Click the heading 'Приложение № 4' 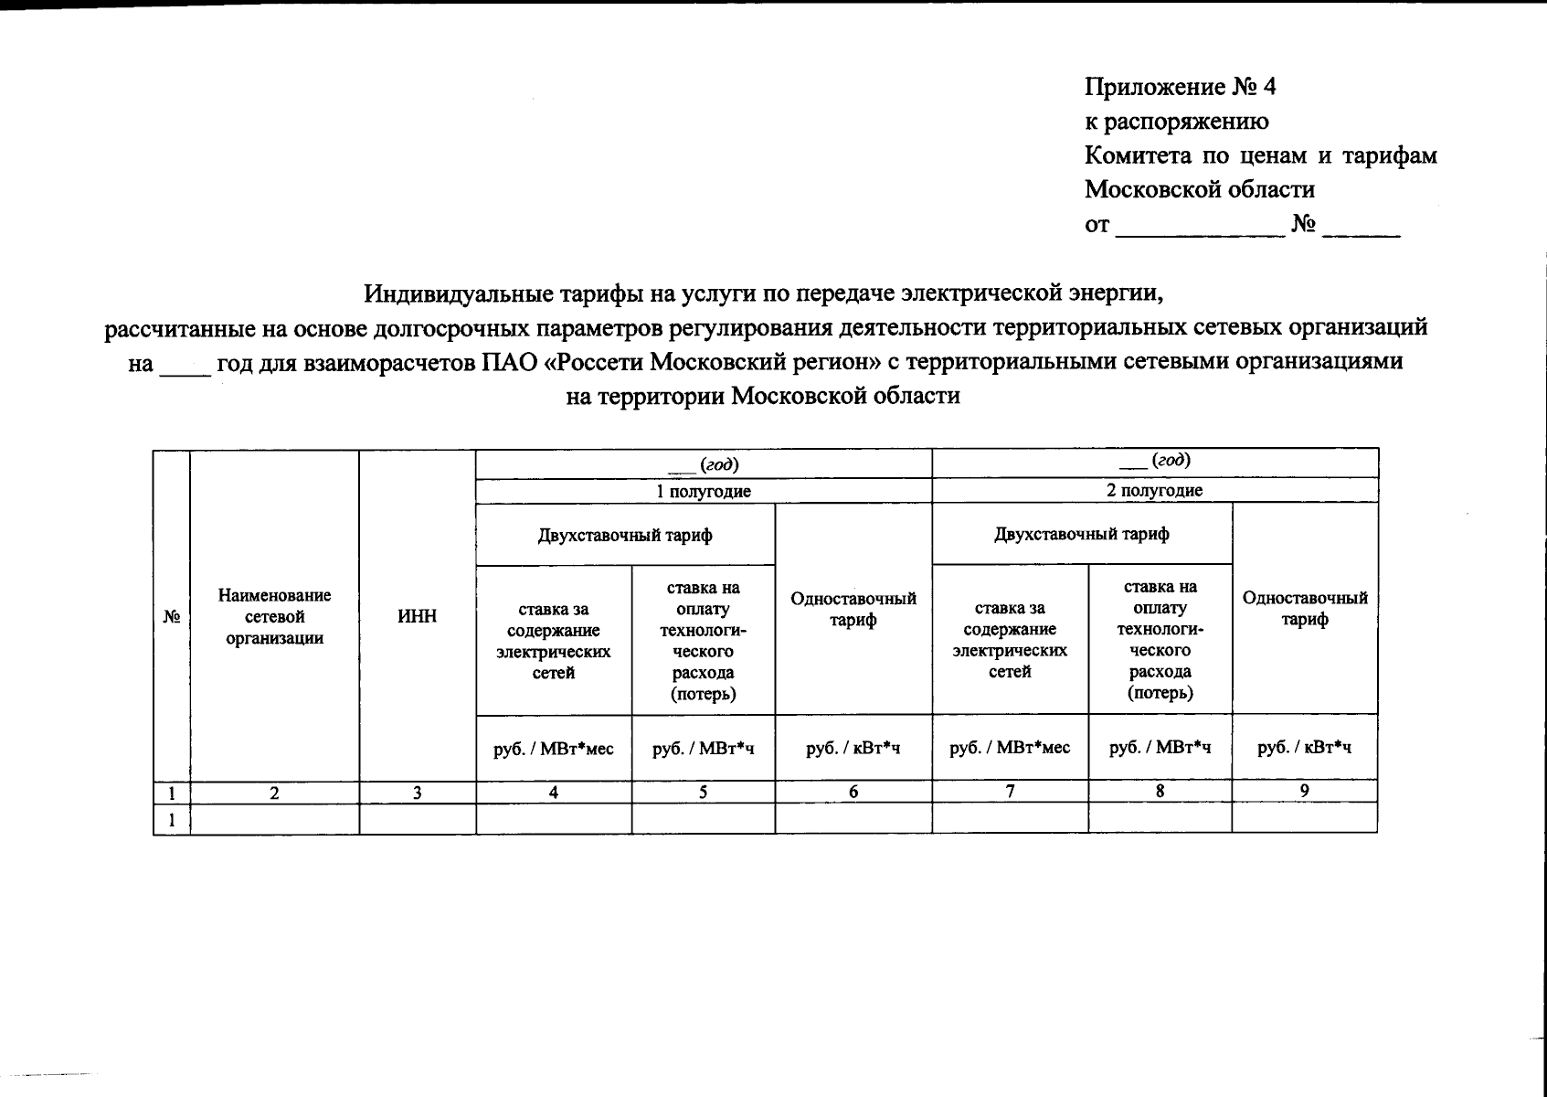coord(1180,87)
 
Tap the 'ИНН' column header coord(417,617)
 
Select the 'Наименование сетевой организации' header coord(274,617)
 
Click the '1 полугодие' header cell coord(704,491)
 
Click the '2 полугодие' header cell coord(1155,490)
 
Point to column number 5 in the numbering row coord(703,793)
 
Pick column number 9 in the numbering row coord(1305,792)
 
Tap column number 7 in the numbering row coord(1010,792)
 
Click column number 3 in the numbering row coord(417,793)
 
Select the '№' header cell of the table coord(171,617)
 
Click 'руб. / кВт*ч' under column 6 coord(853,749)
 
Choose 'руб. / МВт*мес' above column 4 coord(553,749)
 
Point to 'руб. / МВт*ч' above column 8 coord(1160,748)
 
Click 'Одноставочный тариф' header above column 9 coord(1305,608)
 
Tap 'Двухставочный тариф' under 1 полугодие coord(625,535)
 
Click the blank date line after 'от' coord(1200,229)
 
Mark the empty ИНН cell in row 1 coord(417,820)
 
